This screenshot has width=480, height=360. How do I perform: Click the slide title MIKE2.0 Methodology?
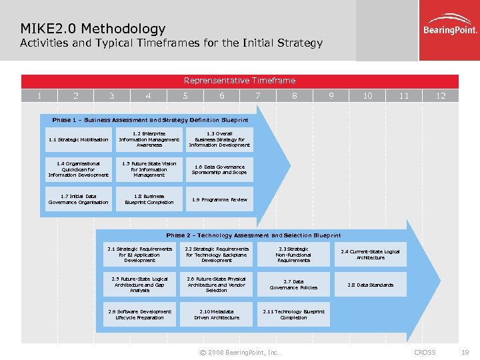tap(93, 29)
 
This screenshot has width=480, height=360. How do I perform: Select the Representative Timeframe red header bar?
tap(240, 81)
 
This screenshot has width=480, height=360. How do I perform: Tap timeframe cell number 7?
tap(258, 96)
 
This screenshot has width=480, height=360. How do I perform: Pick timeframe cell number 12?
tap(440, 96)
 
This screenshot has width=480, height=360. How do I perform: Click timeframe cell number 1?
tap(39, 96)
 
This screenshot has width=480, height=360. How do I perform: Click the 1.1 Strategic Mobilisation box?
tap(78, 139)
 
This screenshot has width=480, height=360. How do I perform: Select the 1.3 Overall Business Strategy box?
tap(219, 139)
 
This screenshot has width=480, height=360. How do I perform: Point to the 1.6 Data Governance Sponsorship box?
tap(219, 169)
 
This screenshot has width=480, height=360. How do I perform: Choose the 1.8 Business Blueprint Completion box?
tap(149, 199)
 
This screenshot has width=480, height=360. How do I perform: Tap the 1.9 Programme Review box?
tap(219, 199)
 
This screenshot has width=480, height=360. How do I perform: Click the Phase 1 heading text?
tap(150, 120)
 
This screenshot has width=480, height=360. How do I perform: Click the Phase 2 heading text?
tap(253, 235)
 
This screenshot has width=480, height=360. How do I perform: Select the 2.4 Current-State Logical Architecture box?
tap(370, 255)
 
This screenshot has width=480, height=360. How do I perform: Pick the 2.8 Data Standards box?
tap(370, 285)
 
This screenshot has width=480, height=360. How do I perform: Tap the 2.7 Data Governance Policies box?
tap(293, 285)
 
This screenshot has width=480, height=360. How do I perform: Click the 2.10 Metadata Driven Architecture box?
tap(217, 315)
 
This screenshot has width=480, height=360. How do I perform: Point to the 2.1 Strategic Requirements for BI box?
tap(139, 255)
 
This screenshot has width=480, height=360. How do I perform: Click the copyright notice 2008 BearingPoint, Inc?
tap(240, 352)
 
